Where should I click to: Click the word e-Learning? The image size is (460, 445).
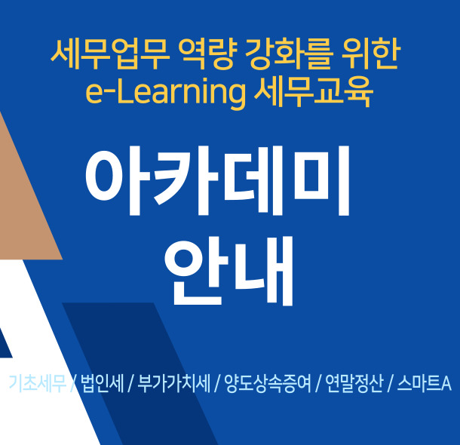165,92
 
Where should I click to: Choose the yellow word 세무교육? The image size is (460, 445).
313,92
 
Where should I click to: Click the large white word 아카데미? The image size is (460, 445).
218,181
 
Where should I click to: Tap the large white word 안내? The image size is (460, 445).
228,271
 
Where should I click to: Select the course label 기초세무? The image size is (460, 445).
38,383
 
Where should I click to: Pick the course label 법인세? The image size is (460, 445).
102,383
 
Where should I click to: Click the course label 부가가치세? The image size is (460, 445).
173,383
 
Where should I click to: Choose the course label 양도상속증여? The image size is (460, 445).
268,383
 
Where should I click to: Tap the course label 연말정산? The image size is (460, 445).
354,383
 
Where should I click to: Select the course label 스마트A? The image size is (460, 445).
425,383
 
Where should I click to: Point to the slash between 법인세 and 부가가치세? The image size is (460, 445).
130,384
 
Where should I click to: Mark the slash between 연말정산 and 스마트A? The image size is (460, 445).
390,384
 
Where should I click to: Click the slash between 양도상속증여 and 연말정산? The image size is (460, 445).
317,384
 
